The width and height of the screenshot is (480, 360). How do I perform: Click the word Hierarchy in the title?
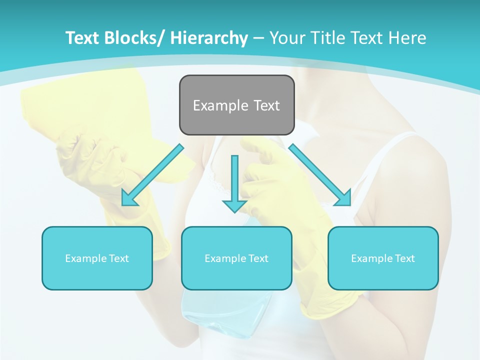[209, 38]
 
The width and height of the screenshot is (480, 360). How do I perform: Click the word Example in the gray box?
[220, 105]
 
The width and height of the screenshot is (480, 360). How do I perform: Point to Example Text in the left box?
[97, 258]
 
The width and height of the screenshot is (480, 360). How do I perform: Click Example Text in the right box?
[383, 258]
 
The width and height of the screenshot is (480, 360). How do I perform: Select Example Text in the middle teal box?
[236, 258]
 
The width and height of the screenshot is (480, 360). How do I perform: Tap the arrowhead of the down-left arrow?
[129, 198]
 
